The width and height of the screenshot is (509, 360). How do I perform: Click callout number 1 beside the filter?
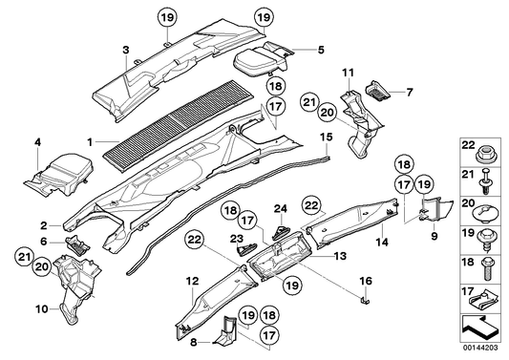click(x=91, y=142)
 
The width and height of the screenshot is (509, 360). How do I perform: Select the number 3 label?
click(x=125, y=49)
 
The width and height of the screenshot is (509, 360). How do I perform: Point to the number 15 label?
click(x=325, y=138)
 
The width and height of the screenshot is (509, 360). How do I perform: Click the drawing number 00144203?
click(x=482, y=349)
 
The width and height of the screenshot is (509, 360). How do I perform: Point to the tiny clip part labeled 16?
click(x=366, y=299)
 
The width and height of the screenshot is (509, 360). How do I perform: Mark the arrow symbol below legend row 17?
click(x=481, y=328)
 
